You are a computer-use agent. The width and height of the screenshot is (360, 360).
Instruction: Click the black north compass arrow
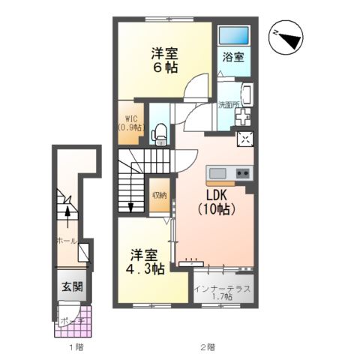(287, 36)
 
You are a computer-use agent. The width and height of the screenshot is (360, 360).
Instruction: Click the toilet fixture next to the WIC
(158, 132)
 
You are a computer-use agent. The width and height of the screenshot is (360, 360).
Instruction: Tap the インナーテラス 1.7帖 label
(223, 292)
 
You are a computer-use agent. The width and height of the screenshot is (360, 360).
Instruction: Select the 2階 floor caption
(208, 347)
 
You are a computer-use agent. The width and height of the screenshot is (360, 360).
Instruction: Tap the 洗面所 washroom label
(228, 105)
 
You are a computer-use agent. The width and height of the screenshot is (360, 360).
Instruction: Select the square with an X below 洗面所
(246, 138)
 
